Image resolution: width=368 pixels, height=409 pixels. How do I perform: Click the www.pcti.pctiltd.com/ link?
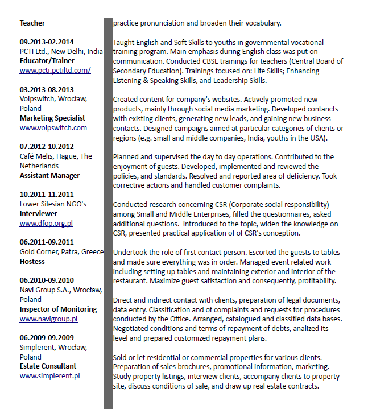click(55, 71)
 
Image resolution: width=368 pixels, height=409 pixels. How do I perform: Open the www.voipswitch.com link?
click(53, 128)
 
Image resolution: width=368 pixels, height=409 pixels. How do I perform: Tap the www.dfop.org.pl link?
click(46, 224)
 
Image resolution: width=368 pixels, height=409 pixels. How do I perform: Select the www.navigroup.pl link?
click(48, 319)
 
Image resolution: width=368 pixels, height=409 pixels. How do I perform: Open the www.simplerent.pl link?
click(49, 375)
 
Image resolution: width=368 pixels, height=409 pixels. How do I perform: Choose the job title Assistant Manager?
click(49, 176)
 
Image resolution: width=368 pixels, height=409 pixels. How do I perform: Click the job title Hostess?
click(32, 261)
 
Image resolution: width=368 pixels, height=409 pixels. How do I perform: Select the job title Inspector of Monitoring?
click(58, 309)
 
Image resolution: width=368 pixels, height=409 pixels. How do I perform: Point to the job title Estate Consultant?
click(48, 366)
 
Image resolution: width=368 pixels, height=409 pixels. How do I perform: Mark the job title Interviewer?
click(39, 214)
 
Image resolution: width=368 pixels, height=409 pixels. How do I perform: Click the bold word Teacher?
click(32, 23)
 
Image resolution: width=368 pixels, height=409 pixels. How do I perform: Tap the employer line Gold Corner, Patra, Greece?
click(61, 252)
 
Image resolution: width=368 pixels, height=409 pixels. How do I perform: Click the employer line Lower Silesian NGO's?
click(53, 204)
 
